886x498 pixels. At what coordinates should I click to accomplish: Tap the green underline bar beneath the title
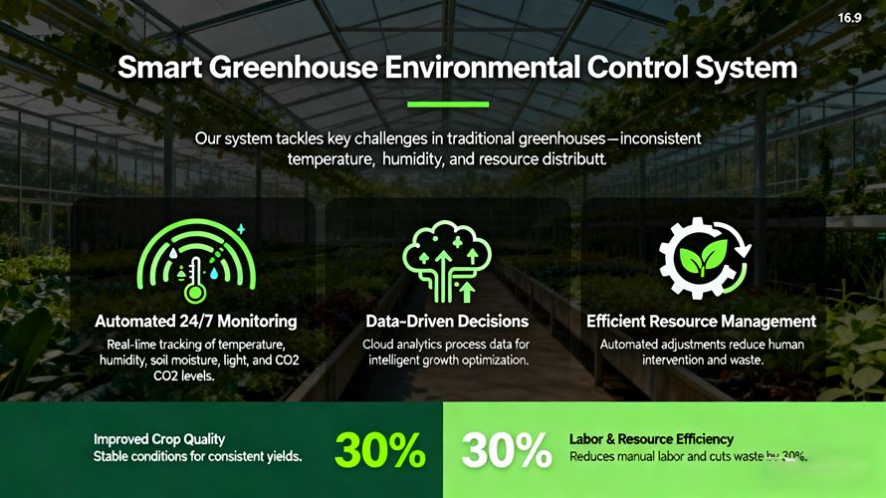tap(448, 104)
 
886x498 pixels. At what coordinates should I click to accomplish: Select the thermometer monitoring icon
tap(196, 257)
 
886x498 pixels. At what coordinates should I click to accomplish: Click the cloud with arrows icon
tap(445, 258)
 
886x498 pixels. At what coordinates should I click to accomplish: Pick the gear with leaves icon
tap(701, 258)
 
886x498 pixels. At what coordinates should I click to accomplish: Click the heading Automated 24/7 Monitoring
tap(195, 322)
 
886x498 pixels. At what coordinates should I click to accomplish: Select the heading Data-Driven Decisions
tap(446, 322)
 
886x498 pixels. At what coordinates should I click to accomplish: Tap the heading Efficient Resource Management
tap(701, 322)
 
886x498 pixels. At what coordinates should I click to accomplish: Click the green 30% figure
tap(379, 451)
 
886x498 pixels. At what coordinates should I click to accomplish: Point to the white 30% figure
tap(507, 451)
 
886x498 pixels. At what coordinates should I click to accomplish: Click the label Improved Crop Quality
tap(159, 439)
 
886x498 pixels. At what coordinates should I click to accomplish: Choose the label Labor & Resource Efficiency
tap(651, 439)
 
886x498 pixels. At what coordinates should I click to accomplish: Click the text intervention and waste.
tap(701, 360)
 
